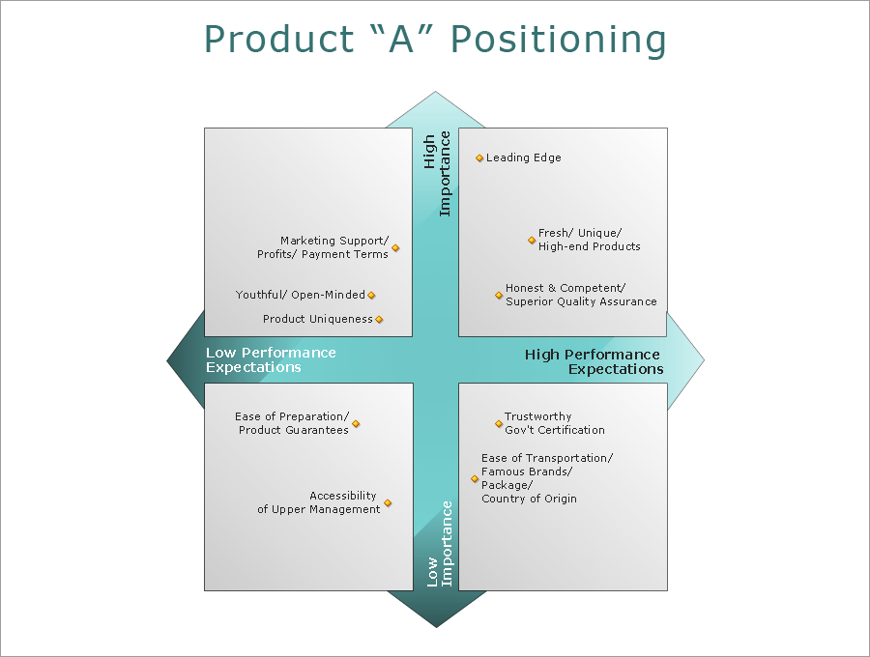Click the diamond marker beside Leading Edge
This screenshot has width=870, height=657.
coord(479,158)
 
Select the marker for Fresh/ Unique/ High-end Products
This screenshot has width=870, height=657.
coord(532,241)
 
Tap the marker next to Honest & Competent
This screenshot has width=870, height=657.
coord(499,296)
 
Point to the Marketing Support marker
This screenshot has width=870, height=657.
coord(395,248)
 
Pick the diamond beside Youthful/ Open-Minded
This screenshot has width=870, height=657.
coord(371,296)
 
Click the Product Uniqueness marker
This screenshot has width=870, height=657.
coord(379,320)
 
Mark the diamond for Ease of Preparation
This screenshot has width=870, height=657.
coord(356,424)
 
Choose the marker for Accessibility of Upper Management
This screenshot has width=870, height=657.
coord(388,503)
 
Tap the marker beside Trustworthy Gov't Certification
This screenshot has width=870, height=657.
coord(499,424)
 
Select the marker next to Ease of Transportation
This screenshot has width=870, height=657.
coord(475,479)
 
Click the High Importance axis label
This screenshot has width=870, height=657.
coord(437,174)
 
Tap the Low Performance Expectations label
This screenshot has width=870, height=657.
coord(271,360)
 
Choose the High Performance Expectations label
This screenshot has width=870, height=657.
coord(594,361)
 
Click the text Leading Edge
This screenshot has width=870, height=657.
coord(523,158)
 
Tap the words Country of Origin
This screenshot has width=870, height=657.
coord(529,500)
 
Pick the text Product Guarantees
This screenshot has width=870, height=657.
coord(294,431)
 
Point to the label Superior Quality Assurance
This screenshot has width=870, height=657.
coord(581,302)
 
